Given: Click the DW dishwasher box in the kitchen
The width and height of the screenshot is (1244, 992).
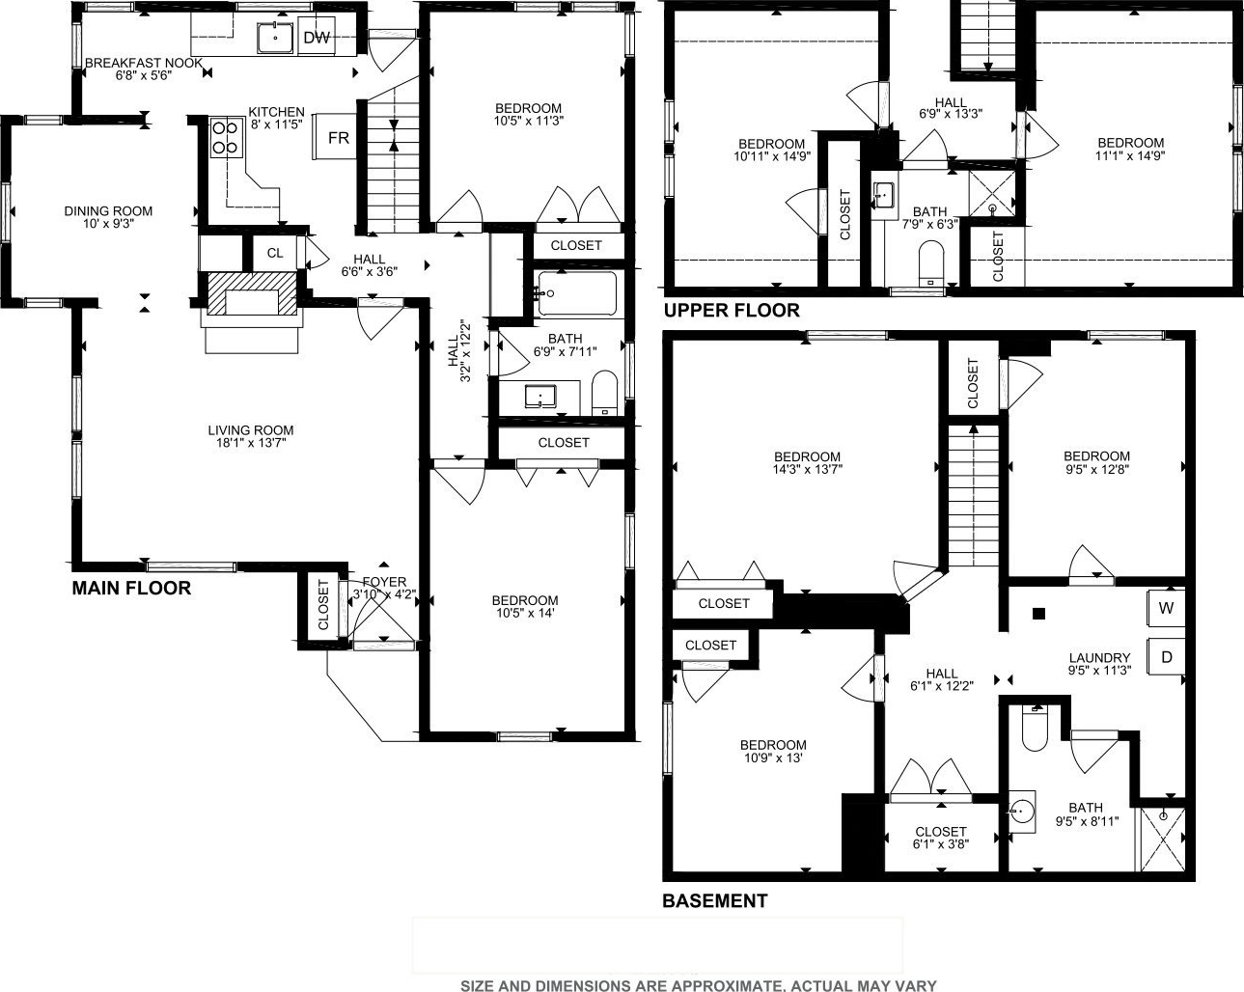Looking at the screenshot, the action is click(317, 36).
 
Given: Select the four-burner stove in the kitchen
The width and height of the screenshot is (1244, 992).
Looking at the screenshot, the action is click(226, 138).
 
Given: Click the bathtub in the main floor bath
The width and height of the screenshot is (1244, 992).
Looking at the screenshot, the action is click(577, 293).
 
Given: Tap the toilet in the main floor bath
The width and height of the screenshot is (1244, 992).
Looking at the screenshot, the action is click(605, 393).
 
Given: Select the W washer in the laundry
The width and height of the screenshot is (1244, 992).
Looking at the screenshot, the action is click(1166, 608).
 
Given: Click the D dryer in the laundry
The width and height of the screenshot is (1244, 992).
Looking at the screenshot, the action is click(1166, 657).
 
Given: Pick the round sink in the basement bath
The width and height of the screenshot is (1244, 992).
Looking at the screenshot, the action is click(1022, 813).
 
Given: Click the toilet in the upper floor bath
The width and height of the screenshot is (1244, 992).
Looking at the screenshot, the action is click(930, 263).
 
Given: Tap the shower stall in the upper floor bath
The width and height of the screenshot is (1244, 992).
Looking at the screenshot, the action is click(992, 193).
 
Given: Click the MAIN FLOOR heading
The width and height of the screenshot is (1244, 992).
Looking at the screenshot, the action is click(131, 588).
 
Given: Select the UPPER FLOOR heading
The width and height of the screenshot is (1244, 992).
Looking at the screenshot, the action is click(732, 311).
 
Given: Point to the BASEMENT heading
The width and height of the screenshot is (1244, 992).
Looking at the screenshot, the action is click(714, 900).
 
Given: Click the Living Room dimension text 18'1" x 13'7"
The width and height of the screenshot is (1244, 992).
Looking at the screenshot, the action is click(250, 443).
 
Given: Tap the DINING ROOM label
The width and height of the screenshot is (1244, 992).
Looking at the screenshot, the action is click(108, 211).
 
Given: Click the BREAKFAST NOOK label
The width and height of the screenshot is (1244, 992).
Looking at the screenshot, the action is click(144, 63).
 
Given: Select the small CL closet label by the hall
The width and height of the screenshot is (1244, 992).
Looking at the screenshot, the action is click(275, 253).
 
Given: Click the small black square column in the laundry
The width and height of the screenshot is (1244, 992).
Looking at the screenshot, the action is click(1038, 614).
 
